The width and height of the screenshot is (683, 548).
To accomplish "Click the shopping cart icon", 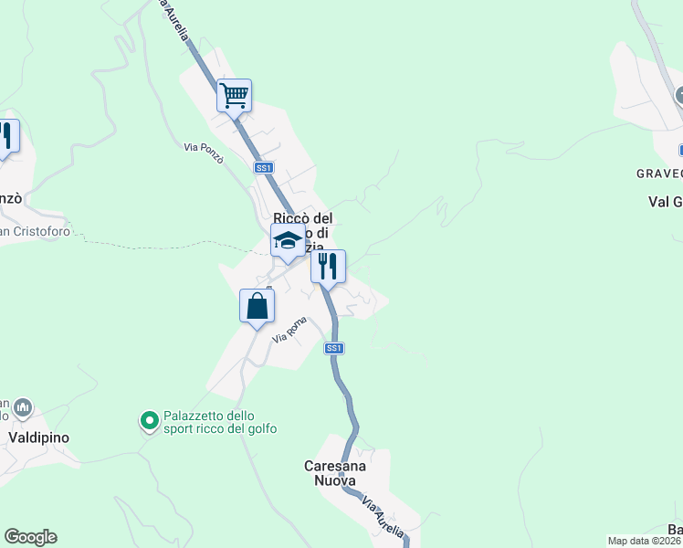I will click(x=234, y=94).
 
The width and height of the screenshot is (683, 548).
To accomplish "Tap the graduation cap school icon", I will click(x=288, y=241).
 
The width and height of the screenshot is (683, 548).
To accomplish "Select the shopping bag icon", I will click(x=257, y=306).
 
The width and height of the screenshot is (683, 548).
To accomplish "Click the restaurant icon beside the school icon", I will click(x=328, y=267).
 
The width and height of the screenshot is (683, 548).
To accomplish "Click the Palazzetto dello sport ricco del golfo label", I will click(x=220, y=422).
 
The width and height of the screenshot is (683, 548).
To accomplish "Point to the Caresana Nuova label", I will click(x=335, y=472).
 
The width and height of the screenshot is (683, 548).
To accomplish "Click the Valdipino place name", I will click(x=38, y=437).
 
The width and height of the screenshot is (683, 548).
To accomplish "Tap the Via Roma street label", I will click(x=290, y=330).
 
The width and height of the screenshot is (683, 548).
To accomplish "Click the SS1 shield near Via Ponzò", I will click(x=264, y=167).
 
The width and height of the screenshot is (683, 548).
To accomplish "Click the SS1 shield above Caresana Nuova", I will click(x=334, y=348).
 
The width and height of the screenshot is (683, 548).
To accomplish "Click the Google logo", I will click(x=30, y=537).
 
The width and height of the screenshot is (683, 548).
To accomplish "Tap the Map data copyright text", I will click(x=645, y=541).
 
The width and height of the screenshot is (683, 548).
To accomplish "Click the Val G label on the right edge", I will click(x=665, y=202).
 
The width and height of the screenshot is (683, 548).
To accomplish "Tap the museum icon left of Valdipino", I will click(x=24, y=406).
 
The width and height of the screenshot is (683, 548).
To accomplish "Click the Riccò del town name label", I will click(x=303, y=218).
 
